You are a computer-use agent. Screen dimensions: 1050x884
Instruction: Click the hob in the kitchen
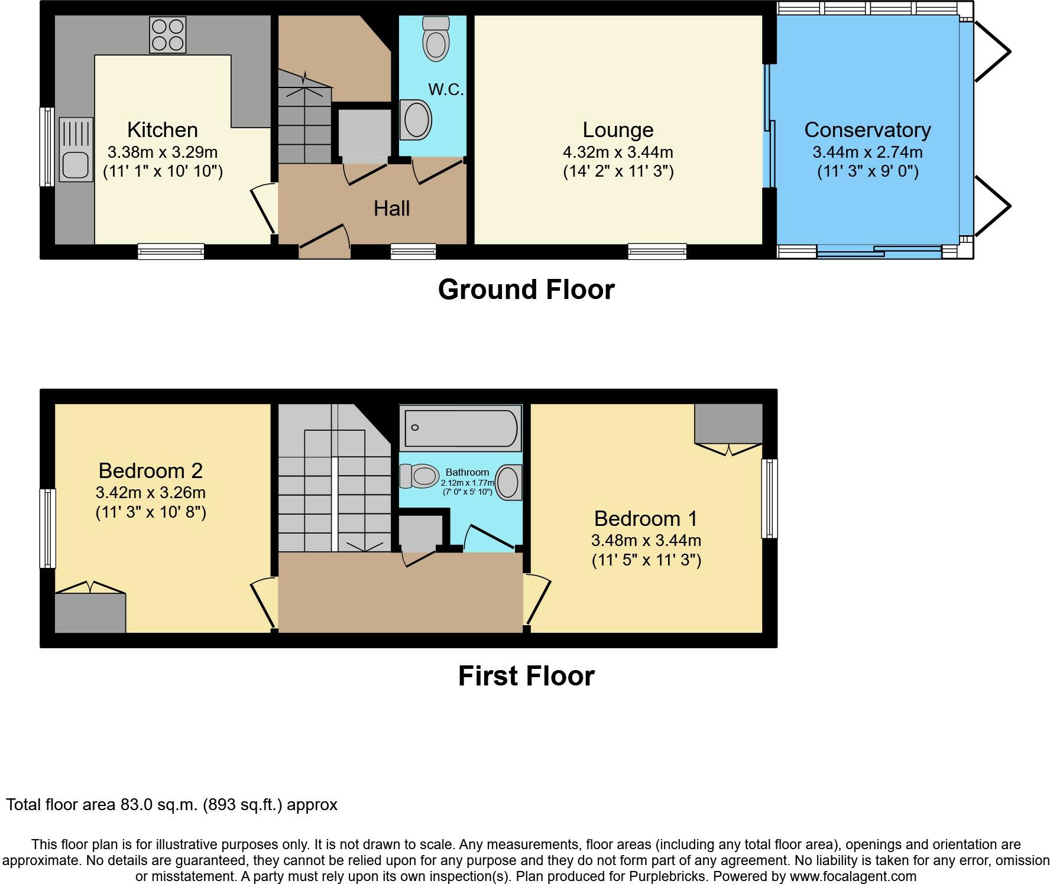pyautogui.click(x=168, y=35)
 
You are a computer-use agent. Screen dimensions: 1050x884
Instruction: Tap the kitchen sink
pyautogui.click(x=76, y=149)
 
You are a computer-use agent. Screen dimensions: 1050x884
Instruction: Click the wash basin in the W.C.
pyautogui.click(x=416, y=119)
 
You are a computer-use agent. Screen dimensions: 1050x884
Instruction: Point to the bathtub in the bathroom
pyautogui.click(x=461, y=428)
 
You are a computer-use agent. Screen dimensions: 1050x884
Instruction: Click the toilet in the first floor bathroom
pyautogui.click(x=420, y=476)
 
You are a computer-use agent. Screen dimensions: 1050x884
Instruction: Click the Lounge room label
pyautogui.click(x=618, y=129)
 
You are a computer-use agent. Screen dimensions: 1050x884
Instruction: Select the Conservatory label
pyautogui.click(x=867, y=129)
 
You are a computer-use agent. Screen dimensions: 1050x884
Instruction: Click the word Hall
pyautogui.click(x=391, y=208)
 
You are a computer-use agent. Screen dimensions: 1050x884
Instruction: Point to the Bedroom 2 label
pyautogui.click(x=151, y=470)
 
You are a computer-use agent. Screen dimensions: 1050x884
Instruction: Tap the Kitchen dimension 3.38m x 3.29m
pyautogui.click(x=163, y=152)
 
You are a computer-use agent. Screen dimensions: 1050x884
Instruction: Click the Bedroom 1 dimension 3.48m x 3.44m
pyautogui.click(x=646, y=540)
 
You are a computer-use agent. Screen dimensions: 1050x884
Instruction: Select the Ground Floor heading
pyautogui.click(x=526, y=290)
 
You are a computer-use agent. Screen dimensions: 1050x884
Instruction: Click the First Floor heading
pyautogui.click(x=526, y=676)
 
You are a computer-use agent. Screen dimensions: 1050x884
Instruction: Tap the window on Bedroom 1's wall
pyautogui.click(x=769, y=499)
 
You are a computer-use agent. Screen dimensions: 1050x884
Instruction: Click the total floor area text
pyautogui.click(x=172, y=805)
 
